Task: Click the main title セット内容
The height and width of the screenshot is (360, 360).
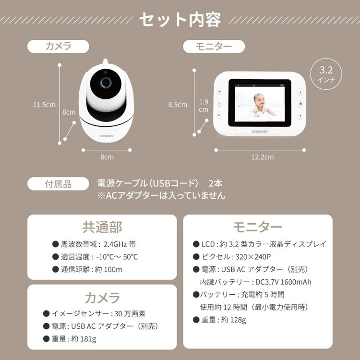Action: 180,20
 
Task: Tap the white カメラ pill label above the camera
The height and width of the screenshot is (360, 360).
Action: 58,46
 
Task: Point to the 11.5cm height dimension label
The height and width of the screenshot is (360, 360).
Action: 44,105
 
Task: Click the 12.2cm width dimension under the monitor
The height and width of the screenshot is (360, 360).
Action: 262,157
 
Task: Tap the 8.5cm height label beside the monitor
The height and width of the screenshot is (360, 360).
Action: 178,105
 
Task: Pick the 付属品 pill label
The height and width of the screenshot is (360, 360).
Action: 58,184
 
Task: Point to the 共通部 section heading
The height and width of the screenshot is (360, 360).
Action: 102,227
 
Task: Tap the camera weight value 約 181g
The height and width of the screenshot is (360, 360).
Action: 84,339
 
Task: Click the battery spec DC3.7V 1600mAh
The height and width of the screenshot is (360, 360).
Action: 282,282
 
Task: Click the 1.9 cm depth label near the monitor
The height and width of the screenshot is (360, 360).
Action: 204,106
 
